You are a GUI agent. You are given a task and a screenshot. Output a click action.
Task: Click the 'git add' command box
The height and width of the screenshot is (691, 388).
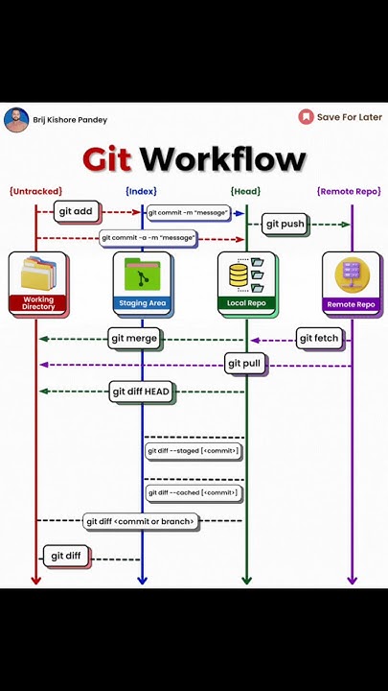click(x=77, y=211)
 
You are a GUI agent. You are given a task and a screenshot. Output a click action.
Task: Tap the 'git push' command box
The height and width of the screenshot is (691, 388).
click(x=285, y=224)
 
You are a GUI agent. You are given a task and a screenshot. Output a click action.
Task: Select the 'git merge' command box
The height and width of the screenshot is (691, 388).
click(x=133, y=338)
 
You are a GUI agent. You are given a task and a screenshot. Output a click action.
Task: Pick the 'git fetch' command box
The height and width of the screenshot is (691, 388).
click(x=318, y=338)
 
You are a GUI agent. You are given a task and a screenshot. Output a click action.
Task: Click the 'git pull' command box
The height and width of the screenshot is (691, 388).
click(x=244, y=364)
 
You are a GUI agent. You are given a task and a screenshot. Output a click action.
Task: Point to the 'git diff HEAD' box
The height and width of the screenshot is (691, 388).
click(x=141, y=391)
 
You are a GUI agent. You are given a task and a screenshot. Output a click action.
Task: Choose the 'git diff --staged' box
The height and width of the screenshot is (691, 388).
click(x=193, y=450)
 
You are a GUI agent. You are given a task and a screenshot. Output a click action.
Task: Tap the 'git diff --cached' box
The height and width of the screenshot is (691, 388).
click(x=193, y=492)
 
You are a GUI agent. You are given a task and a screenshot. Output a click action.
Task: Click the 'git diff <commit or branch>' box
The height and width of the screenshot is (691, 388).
click(x=141, y=521)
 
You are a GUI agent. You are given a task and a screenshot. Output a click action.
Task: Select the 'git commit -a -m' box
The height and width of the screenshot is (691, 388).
click(x=148, y=237)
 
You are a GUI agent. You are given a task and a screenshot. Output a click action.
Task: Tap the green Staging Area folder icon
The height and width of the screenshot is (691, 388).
click(x=142, y=275)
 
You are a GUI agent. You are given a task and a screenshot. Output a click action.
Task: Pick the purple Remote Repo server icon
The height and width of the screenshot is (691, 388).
click(x=351, y=275)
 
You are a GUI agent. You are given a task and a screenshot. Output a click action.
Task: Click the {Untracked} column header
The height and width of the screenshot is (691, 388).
click(x=35, y=191)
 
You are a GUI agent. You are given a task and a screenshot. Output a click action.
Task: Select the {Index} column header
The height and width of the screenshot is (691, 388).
click(x=141, y=191)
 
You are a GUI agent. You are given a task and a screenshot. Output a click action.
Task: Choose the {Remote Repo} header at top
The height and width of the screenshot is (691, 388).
click(x=349, y=191)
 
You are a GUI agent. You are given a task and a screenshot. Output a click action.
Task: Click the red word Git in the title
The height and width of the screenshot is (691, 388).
click(x=106, y=158)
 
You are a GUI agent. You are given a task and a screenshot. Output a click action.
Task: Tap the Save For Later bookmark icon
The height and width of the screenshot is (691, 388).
click(x=306, y=117)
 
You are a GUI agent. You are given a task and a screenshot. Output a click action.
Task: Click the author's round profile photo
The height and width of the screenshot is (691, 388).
click(x=16, y=120)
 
